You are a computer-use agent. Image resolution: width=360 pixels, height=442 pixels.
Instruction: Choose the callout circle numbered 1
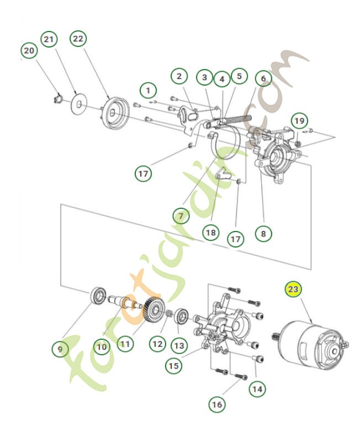(x=147, y=89)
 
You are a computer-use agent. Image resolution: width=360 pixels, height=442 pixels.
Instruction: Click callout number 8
(x=263, y=233)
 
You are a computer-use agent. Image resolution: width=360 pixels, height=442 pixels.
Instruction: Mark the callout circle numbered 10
(x=102, y=347)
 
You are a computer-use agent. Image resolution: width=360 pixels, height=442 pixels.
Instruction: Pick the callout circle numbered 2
(x=178, y=76)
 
